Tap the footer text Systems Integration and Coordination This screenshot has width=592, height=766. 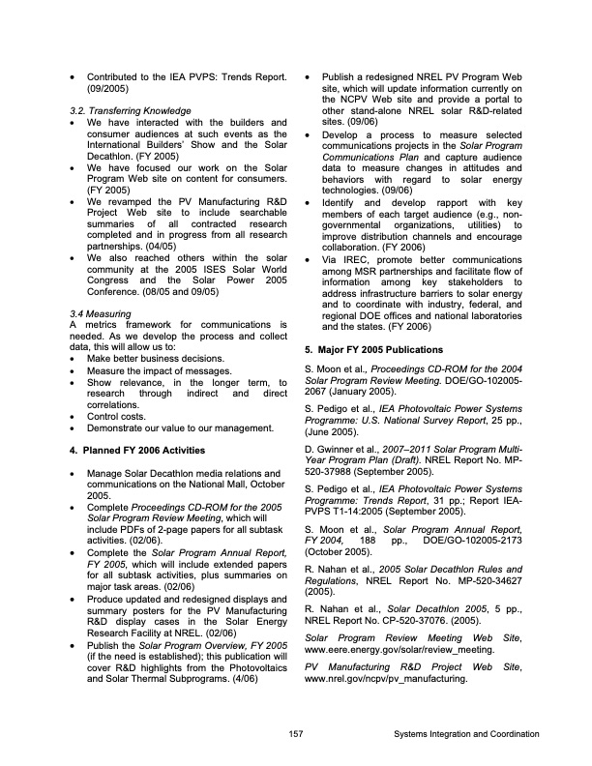466,735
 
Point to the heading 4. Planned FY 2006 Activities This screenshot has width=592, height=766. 137,451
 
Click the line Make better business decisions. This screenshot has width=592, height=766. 155,359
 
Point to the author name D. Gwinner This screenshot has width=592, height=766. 333,450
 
